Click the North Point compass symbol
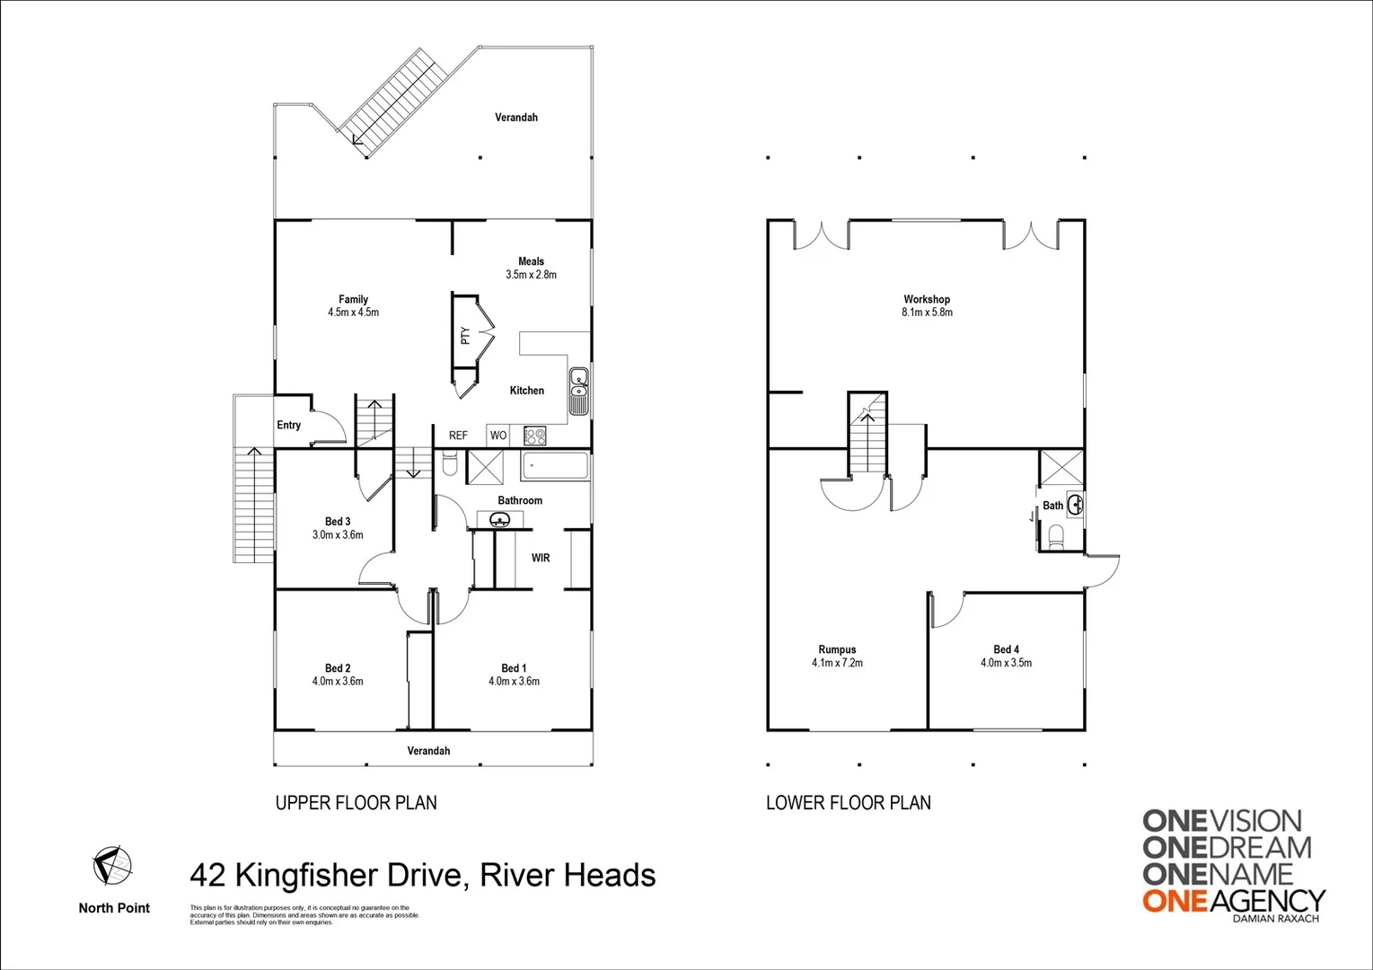[113, 866]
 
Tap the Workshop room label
[927, 299]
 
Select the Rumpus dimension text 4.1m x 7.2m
[837, 663]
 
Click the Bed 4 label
[1006, 649]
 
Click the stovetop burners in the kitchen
[535, 436]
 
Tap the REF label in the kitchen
[458, 436]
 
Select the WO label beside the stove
[498, 436]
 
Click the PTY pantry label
[465, 335]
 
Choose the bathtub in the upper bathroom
[555, 466]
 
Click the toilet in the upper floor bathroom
[450, 464]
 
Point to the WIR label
[541, 558]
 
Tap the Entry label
[288, 425]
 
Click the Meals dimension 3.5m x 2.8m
[531, 275]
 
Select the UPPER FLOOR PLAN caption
[356, 803]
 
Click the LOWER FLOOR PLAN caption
[848, 803]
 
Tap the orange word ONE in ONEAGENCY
[1174, 900]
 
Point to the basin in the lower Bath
[1074, 505]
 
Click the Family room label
[353, 299]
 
